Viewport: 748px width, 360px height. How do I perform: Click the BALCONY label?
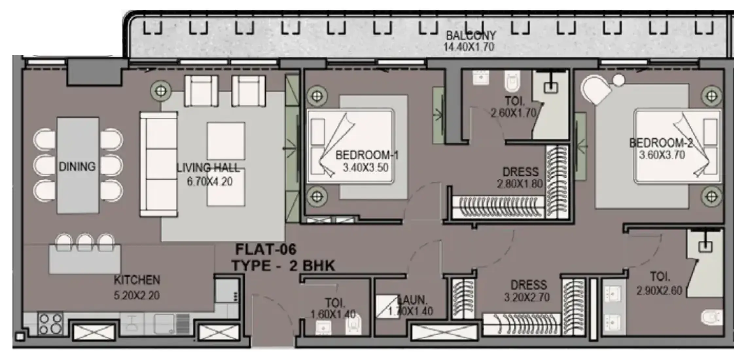(x=471, y=35)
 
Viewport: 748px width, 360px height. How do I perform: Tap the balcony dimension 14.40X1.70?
(x=469, y=47)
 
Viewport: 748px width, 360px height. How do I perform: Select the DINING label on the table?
(x=77, y=167)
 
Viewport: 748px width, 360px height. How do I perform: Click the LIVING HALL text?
(x=208, y=168)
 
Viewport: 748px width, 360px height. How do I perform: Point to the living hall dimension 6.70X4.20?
(x=210, y=181)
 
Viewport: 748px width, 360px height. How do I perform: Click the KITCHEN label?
(x=137, y=280)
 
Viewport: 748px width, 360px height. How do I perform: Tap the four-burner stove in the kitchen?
(x=50, y=324)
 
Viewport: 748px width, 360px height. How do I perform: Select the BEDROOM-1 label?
(x=367, y=155)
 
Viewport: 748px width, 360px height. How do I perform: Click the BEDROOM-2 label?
(x=661, y=143)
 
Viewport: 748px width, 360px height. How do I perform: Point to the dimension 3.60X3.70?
(x=662, y=155)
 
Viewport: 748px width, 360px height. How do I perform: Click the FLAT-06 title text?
(x=266, y=250)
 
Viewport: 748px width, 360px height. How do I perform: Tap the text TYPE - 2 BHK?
(x=284, y=265)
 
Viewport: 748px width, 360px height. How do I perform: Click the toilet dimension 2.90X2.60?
(x=659, y=290)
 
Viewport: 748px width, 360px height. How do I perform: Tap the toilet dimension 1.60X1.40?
(x=333, y=315)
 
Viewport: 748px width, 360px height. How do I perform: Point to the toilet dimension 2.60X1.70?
(x=513, y=113)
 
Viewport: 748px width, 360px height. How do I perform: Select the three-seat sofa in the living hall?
(x=159, y=164)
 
